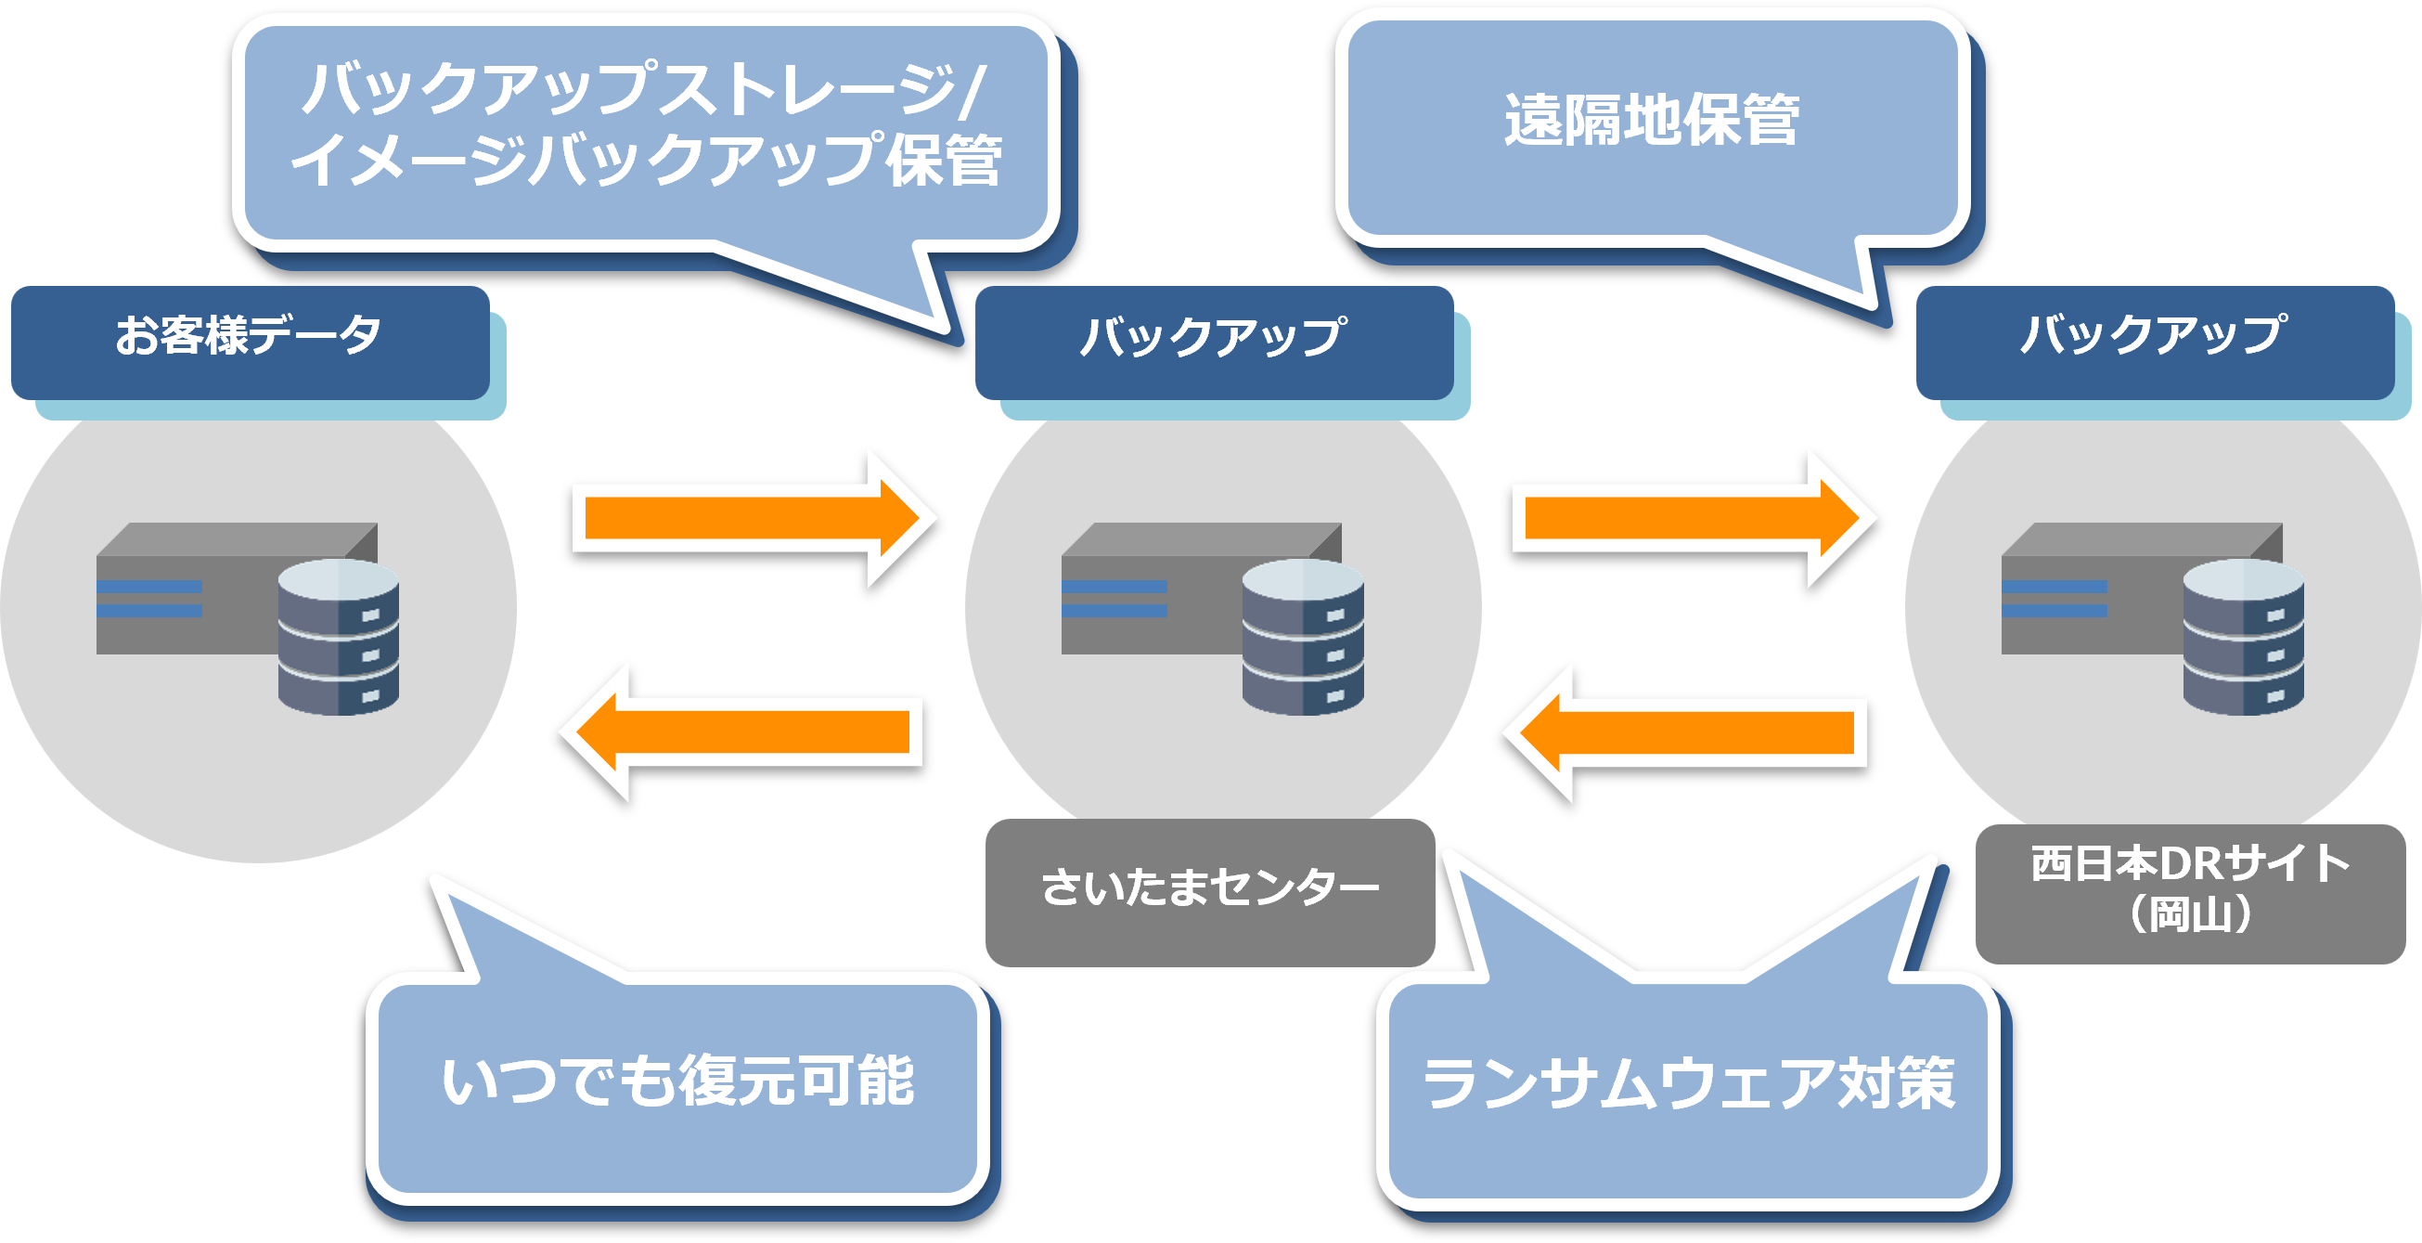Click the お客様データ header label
click(x=249, y=337)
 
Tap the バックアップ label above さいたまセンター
click(x=1213, y=337)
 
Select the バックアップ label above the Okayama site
click(x=2154, y=335)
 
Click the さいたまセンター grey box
click(x=1210, y=889)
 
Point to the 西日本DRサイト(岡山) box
click(x=2190, y=889)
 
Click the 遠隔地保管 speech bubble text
click(x=1652, y=122)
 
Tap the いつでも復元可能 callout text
click(x=678, y=1081)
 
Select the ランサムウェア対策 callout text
click(x=1689, y=1083)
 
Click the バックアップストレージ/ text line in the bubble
click(x=644, y=89)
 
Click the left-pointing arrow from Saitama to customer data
click(x=742, y=732)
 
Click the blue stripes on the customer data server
click(x=149, y=599)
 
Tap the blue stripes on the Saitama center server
click(x=1114, y=599)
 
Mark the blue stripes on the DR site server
click(x=2055, y=599)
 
